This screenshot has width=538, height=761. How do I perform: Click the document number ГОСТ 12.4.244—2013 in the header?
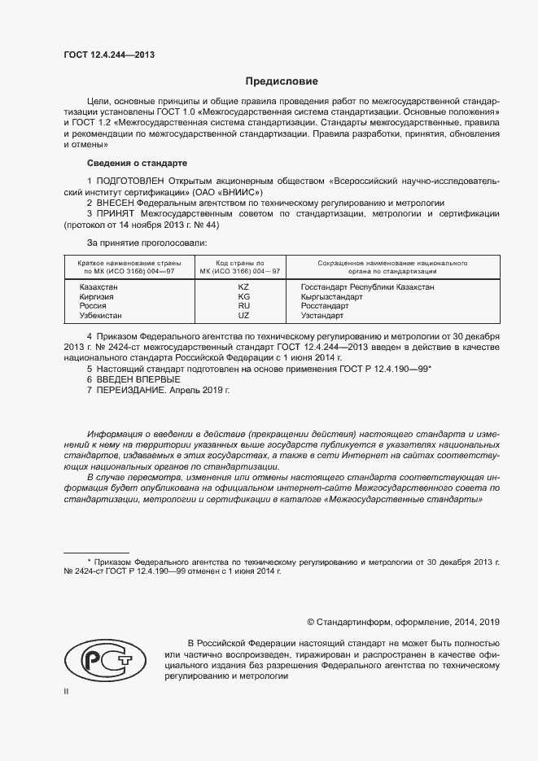pyautogui.click(x=109, y=55)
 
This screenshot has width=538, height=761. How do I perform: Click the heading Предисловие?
pyautogui.click(x=276, y=81)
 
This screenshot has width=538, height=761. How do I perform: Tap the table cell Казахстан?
pyautogui.click(x=98, y=287)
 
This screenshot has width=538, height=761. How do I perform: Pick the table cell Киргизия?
pyautogui.click(x=96, y=296)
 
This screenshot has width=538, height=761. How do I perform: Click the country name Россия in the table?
pyautogui.click(x=93, y=305)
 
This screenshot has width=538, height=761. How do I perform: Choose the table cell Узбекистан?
pyautogui.click(x=100, y=315)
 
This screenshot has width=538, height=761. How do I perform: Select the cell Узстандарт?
pyautogui.click(x=322, y=315)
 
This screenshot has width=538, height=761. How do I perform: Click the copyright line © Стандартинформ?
pyautogui.click(x=403, y=622)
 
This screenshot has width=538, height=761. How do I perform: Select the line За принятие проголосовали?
pyautogui.click(x=147, y=243)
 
